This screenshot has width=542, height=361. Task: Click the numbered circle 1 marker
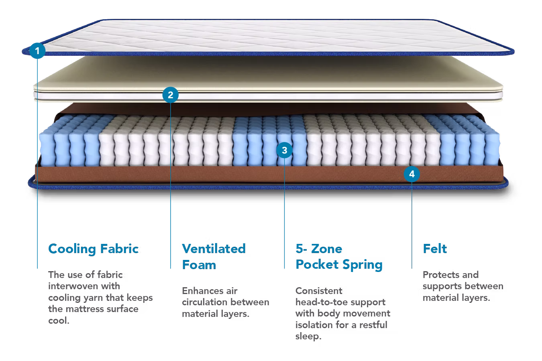coord(37,51)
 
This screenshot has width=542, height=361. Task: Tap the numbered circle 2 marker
coord(170,95)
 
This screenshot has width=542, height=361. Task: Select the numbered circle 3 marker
coord(284,150)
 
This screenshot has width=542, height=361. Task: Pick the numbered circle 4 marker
coord(412,174)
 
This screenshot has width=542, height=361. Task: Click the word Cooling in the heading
coord(72,249)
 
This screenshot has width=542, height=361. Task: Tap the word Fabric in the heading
coord(119,249)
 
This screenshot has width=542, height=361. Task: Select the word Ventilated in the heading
coord(214,249)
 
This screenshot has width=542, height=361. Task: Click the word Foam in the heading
coord(199,265)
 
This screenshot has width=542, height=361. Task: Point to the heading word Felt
coord(435,249)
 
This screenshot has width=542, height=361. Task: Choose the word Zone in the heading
coord(327,249)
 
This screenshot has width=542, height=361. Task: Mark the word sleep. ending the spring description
coord(308,337)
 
